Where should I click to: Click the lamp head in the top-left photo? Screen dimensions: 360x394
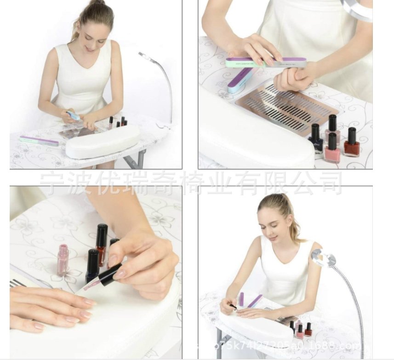tap(143, 57)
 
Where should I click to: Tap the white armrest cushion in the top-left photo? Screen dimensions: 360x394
tap(103, 142)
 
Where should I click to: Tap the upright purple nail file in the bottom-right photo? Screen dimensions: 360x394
tap(241, 299)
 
